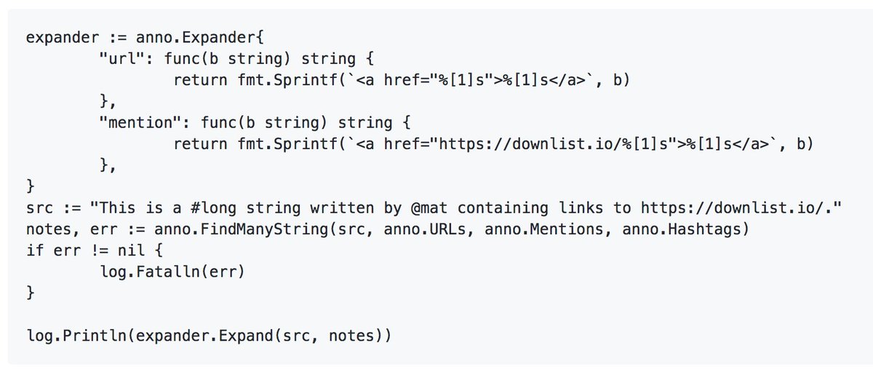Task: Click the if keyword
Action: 34,250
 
